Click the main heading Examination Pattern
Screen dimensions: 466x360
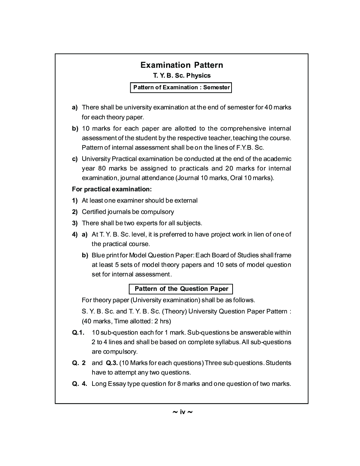tap(181, 65)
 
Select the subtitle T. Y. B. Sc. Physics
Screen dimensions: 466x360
tap(181, 76)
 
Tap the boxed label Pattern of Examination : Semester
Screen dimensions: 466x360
tap(181, 87)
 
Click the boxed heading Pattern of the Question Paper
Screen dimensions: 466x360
tap(181, 289)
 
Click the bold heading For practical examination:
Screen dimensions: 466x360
tap(112, 189)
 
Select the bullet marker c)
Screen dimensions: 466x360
tap(75, 159)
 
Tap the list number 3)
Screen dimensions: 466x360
tap(75, 223)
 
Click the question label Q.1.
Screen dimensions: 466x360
tap(78, 333)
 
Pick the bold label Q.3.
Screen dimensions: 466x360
tap(112, 363)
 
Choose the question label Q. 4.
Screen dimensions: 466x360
tap(79, 384)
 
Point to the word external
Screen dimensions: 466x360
tap(186, 201)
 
